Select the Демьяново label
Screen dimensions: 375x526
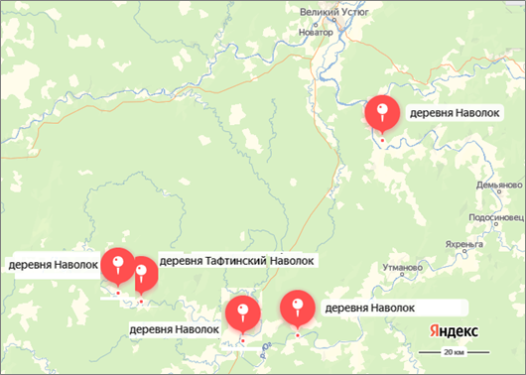pos(497,186)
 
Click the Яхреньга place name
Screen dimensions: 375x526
pos(468,242)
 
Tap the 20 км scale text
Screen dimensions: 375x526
pos(456,352)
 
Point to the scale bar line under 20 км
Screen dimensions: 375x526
pos(456,360)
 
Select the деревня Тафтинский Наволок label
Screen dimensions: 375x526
pos(237,261)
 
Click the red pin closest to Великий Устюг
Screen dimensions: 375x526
pos(381,113)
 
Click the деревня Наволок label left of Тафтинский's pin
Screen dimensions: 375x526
pos(54,265)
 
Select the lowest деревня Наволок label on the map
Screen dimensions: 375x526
pos(173,328)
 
